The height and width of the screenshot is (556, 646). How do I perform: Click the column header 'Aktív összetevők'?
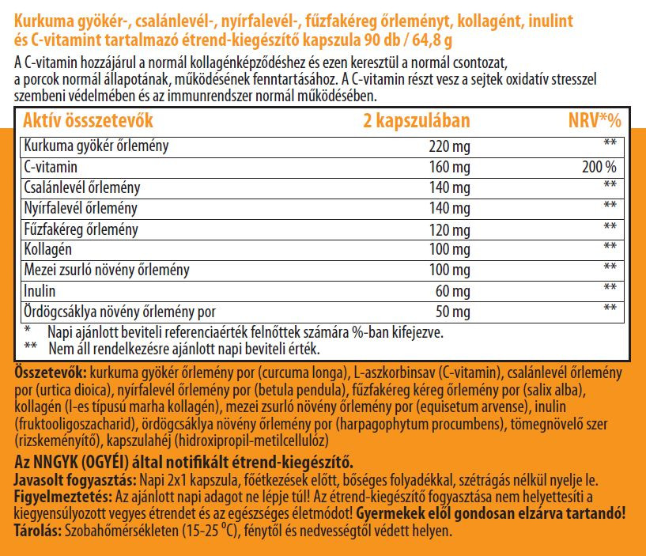tap(88, 121)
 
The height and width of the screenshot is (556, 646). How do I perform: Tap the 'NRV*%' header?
tap(595, 121)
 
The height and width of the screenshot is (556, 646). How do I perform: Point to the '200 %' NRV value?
tap(599, 167)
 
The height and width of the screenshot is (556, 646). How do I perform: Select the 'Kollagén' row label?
tap(48, 248)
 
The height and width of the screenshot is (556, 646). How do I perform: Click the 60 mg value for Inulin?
tap(454, 290)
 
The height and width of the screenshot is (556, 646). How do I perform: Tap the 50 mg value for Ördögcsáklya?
tap(454, 311)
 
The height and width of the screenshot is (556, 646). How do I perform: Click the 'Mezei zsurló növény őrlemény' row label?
tap(107, 270)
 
